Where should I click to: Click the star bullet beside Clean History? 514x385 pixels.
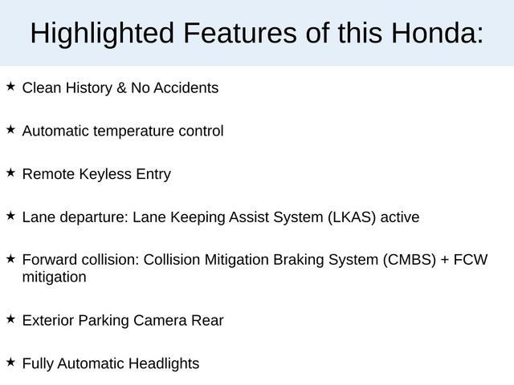pos(10,87)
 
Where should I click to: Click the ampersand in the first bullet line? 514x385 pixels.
pos(122,87)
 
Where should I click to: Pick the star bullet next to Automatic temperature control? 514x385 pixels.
pos(10,129)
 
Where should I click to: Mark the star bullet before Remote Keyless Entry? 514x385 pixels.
pos(10,172)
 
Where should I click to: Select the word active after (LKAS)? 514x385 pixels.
pos(400,217)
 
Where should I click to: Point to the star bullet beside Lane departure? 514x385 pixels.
pos(10,216)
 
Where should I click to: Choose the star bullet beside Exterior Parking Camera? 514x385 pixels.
pos(10,319)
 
